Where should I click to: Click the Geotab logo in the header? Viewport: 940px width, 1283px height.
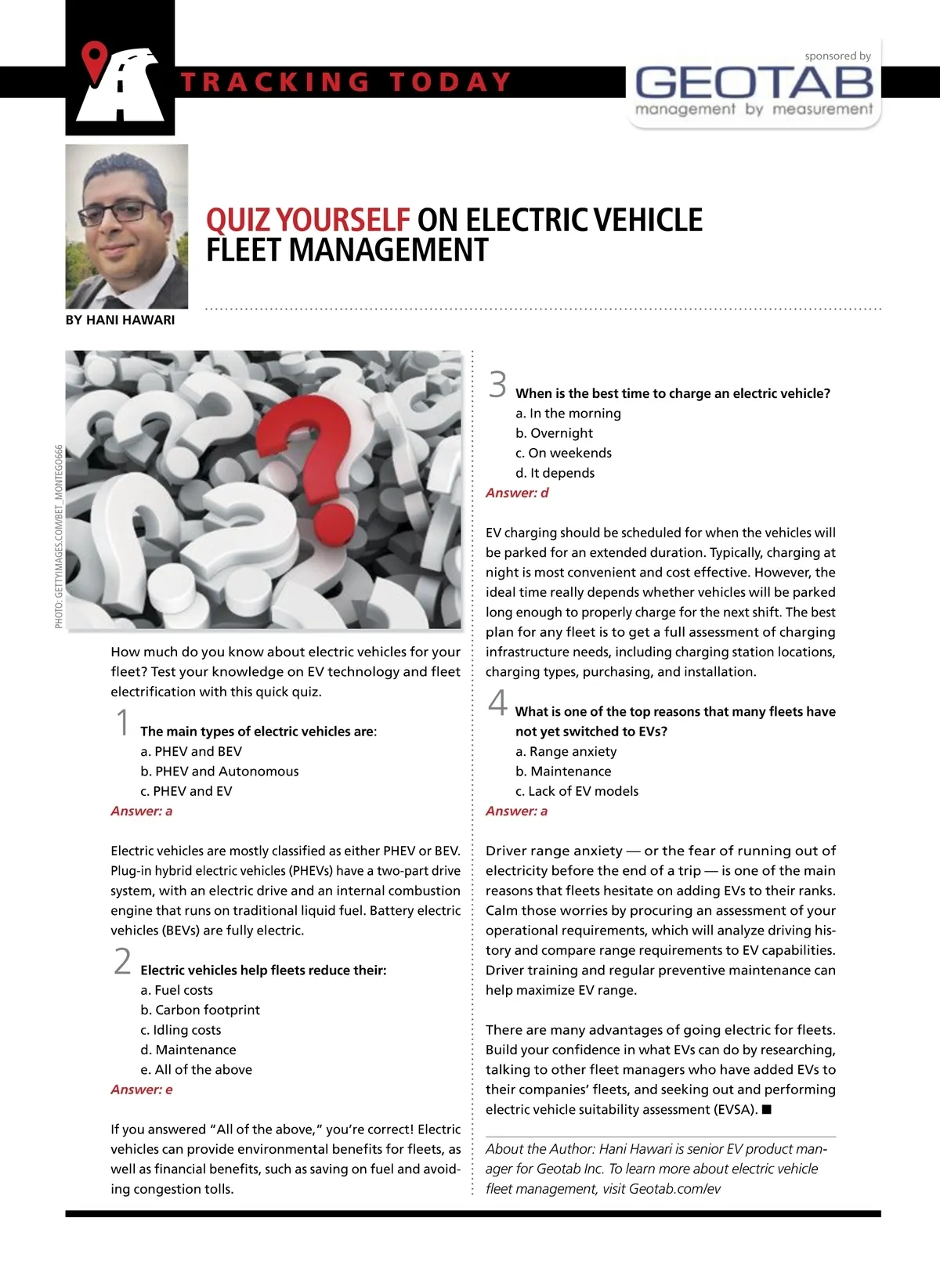[x=754, y=82]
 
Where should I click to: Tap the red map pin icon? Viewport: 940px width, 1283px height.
[x=96, y=61]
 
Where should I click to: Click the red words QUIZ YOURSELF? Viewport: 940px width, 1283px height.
[x=308, y=220]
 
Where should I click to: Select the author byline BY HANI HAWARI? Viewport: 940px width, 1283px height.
[x=120, y=320]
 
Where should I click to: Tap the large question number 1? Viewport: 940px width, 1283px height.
[x=122, y=722]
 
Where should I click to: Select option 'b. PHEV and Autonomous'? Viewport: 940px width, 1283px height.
[x=219, y=771]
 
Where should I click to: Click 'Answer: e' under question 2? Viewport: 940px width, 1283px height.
[x=142, y=1090]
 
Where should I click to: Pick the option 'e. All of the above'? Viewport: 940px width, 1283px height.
[x=196, y=1069]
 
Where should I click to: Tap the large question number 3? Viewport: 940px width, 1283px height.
[x=497, y=385]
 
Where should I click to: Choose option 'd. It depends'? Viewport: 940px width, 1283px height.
[x=555, y=472]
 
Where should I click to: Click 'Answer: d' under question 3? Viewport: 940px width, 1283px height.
[x=517, y=493]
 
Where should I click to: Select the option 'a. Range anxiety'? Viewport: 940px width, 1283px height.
[x=566, y=751]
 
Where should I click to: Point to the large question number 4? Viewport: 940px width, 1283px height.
[x=497, y=702]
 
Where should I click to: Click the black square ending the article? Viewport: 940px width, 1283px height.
[x=767, y=1109]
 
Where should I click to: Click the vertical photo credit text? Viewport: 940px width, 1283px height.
[x=59, y=536]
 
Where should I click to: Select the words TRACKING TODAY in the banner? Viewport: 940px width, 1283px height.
[x=345, y=82]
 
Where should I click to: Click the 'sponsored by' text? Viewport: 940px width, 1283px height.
[x=837, y=56]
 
